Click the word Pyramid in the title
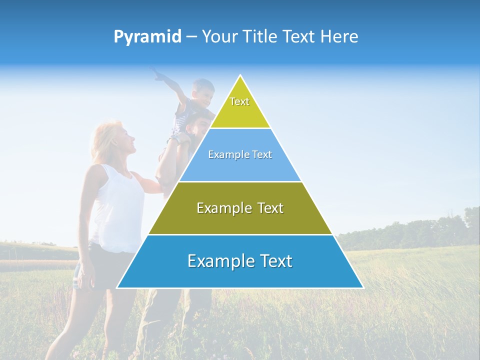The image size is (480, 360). click(147, 37)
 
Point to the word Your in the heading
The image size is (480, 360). click(218, 36)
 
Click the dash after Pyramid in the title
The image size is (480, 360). click(191, 37)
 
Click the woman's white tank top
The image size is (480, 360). click(117, 205)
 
